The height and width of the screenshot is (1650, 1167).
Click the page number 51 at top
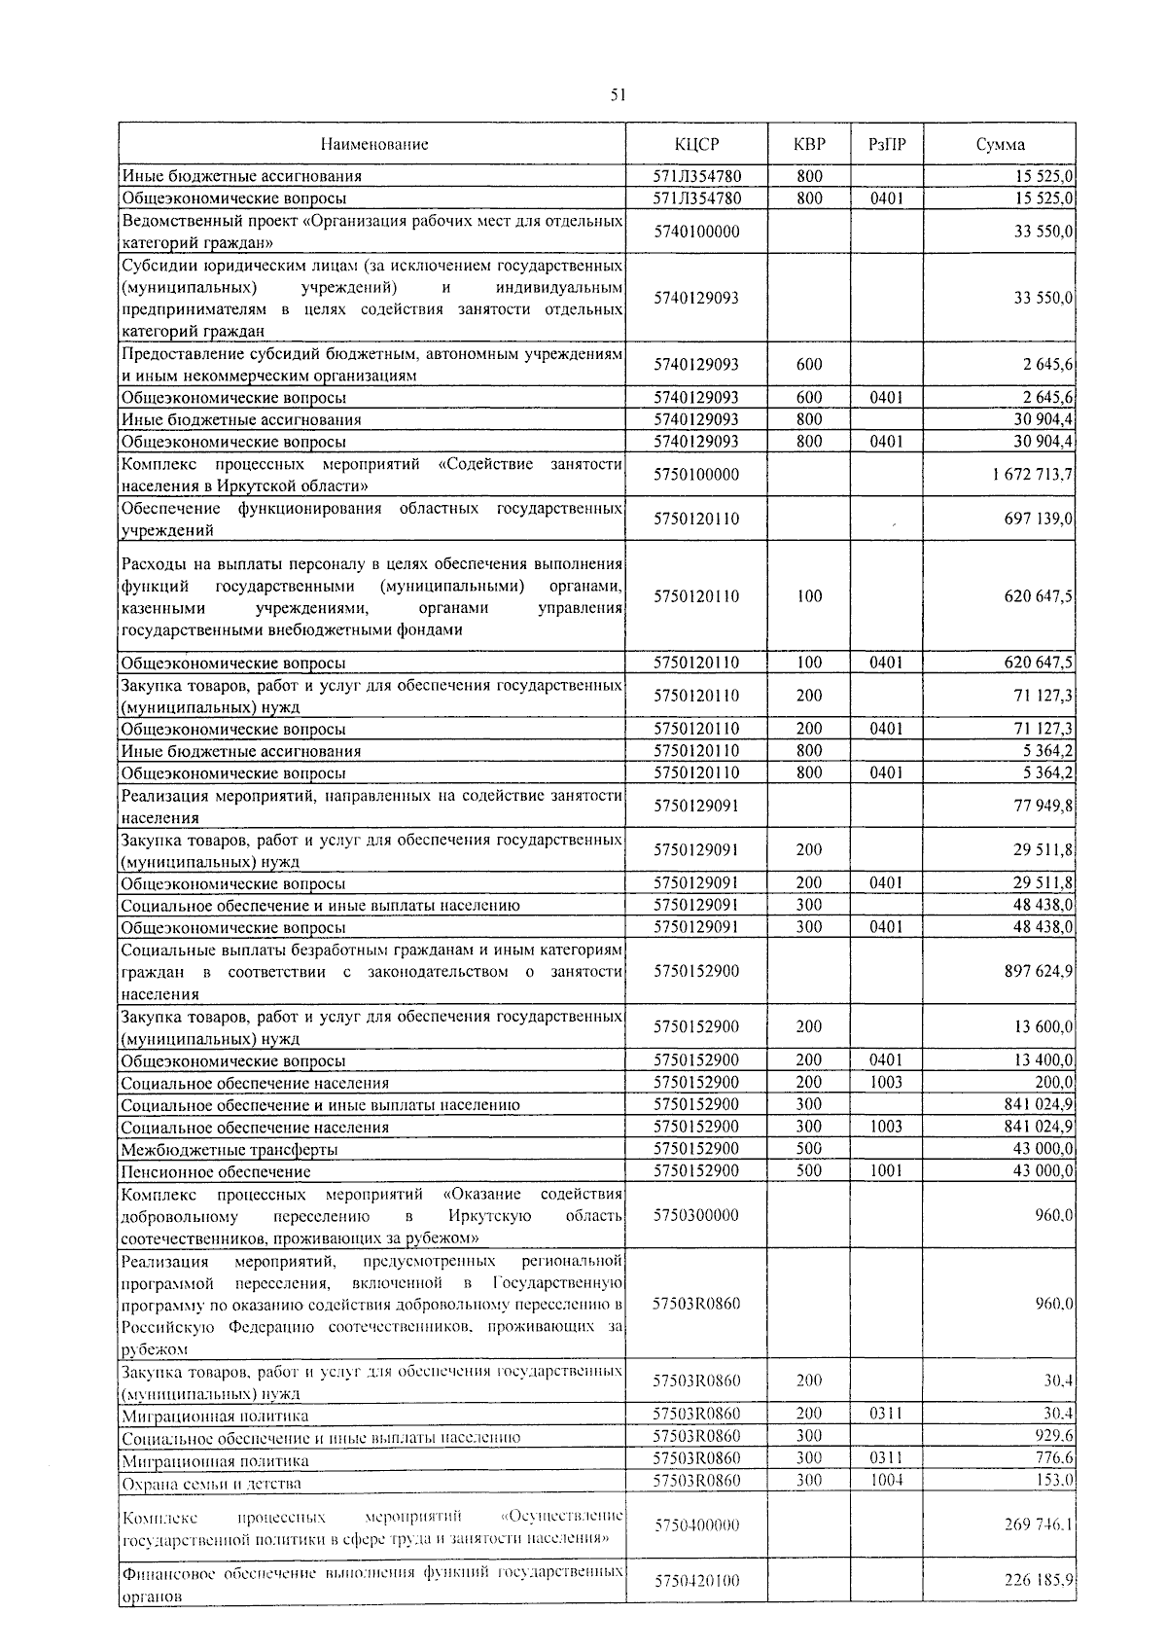coord(618,94)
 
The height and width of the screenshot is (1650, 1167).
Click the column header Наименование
coord(373,144)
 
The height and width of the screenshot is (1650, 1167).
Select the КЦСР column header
coord(696,144)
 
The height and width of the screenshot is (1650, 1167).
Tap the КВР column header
coord(809,144)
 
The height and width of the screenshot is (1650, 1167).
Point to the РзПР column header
coord(886,144)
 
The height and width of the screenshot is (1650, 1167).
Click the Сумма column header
coord(1000,144)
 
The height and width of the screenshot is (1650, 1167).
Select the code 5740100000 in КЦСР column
coord(696,232)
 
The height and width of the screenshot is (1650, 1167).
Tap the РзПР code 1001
coord(886,1171)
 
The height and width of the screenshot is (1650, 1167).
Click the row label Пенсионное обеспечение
coord(216,1172)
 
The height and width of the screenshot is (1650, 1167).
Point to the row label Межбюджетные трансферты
coord(230,1150)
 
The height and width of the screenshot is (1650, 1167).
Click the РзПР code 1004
coord(886,1480)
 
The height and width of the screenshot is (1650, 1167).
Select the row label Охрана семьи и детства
coord(211,1484)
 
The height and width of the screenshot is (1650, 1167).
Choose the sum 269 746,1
coord(1038,1524)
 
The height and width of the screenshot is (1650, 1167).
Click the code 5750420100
coord(696,1581)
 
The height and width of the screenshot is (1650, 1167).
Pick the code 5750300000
coord(696,1215)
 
